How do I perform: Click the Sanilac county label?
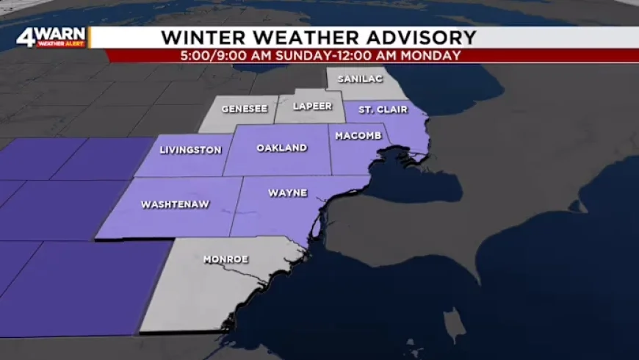[x=355, y=79]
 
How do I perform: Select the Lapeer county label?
[x=311, y=106]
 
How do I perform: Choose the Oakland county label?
[x=281, y=148]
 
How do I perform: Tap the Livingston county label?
[x=190, y=150]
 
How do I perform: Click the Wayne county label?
[x=287, y=193]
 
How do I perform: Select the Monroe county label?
[x=225, y=259]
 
